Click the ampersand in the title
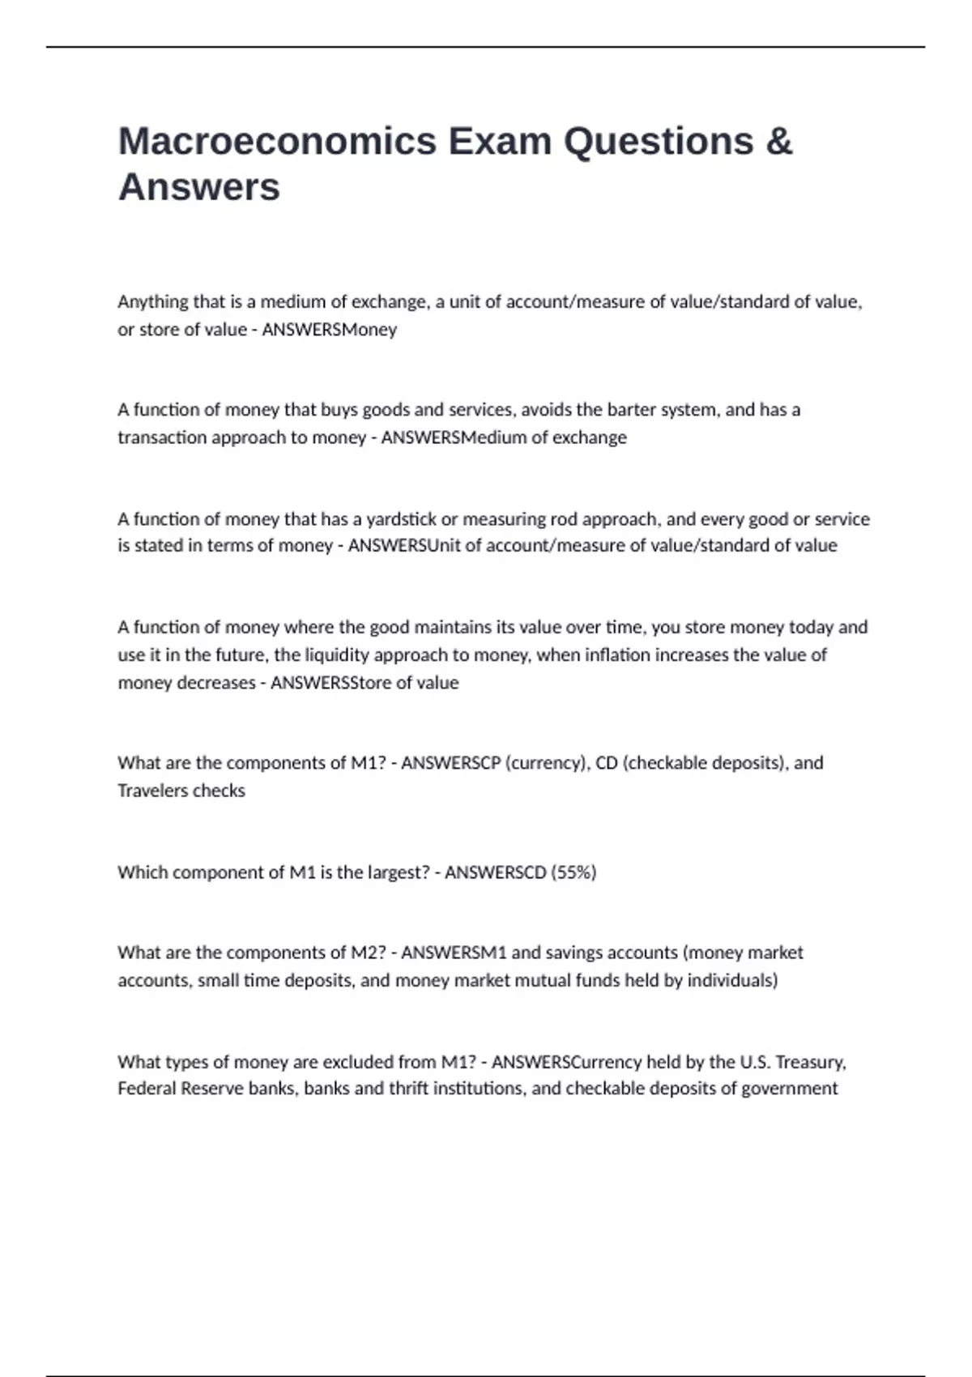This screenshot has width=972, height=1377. pyautogui.click(x=778, y=141)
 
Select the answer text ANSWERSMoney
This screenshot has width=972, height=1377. pyautogui.click(x=329, y=330)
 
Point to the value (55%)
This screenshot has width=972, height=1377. pyautogui.click(x=573, y=872)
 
